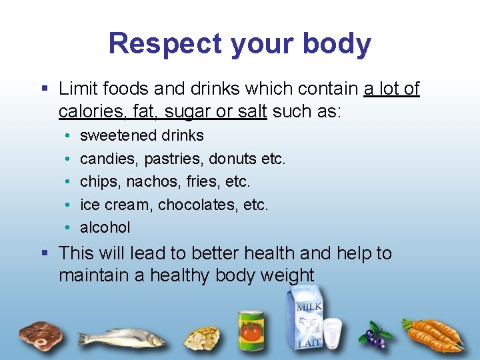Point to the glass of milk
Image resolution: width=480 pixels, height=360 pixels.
pyautogui.click(x=333, y=331)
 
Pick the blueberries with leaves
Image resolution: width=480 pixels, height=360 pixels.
pyautogui.click(x=375, y=335)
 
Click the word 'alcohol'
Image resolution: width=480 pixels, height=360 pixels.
pyautogui.click(x=105, y=227)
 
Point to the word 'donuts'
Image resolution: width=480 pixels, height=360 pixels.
pyautogui.click(x=233, y=159)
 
